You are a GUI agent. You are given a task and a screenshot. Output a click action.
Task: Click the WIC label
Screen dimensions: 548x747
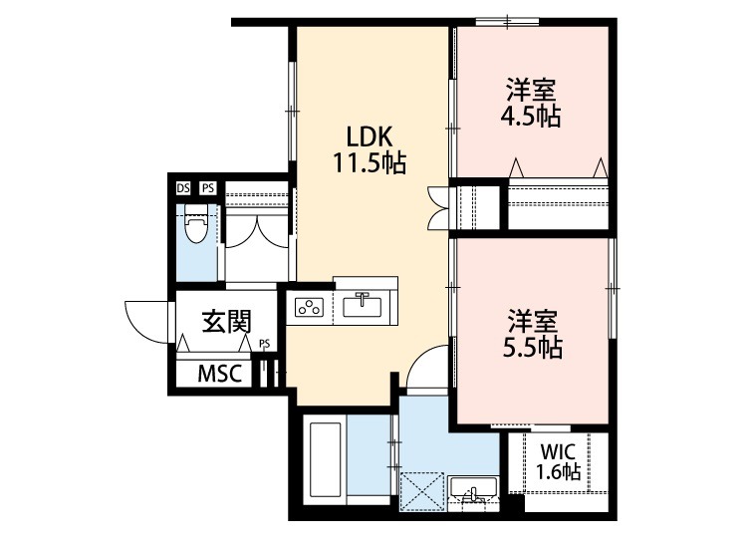[x=557, y=450]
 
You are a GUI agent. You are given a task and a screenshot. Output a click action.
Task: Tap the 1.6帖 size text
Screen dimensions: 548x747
[x=557, y=471]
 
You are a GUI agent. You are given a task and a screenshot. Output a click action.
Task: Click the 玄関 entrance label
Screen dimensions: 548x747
[x=226, y=322]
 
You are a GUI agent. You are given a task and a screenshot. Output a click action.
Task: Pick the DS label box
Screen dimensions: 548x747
[x=183, y=187]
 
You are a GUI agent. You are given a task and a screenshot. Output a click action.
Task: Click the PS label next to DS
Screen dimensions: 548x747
[x=207, y=187]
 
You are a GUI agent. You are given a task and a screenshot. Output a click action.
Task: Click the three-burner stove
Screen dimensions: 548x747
[x=308, y=307]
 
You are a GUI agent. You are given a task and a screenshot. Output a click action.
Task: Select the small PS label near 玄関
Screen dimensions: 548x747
[x=264, y=344]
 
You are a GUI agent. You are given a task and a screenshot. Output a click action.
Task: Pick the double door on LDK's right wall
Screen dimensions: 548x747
[x=437, y=206]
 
